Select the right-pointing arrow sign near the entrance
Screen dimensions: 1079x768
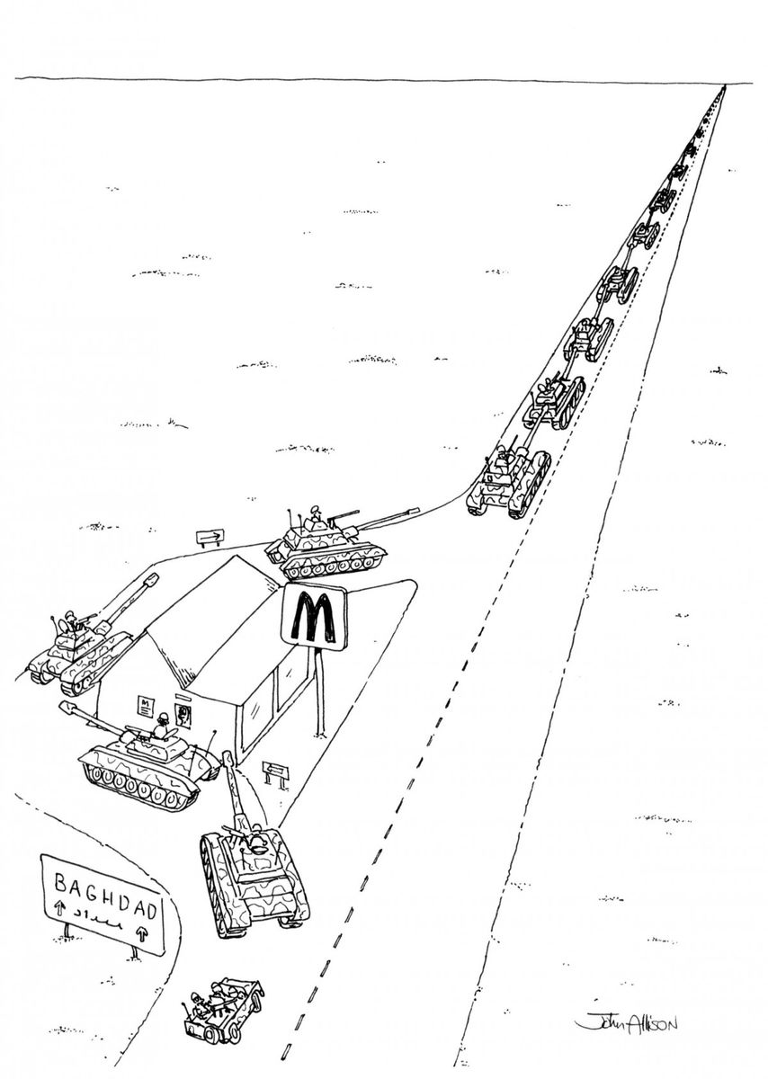pos(209,538)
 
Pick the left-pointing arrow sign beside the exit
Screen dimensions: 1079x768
pos(275,769)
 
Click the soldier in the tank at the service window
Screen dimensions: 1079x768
pos(163,725)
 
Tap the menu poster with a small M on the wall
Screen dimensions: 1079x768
pos(144,706)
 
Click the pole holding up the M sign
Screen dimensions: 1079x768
pos(315,692)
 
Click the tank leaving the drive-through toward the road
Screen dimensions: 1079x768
pos(250,872)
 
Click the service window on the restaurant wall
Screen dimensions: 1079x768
pos(185,716)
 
